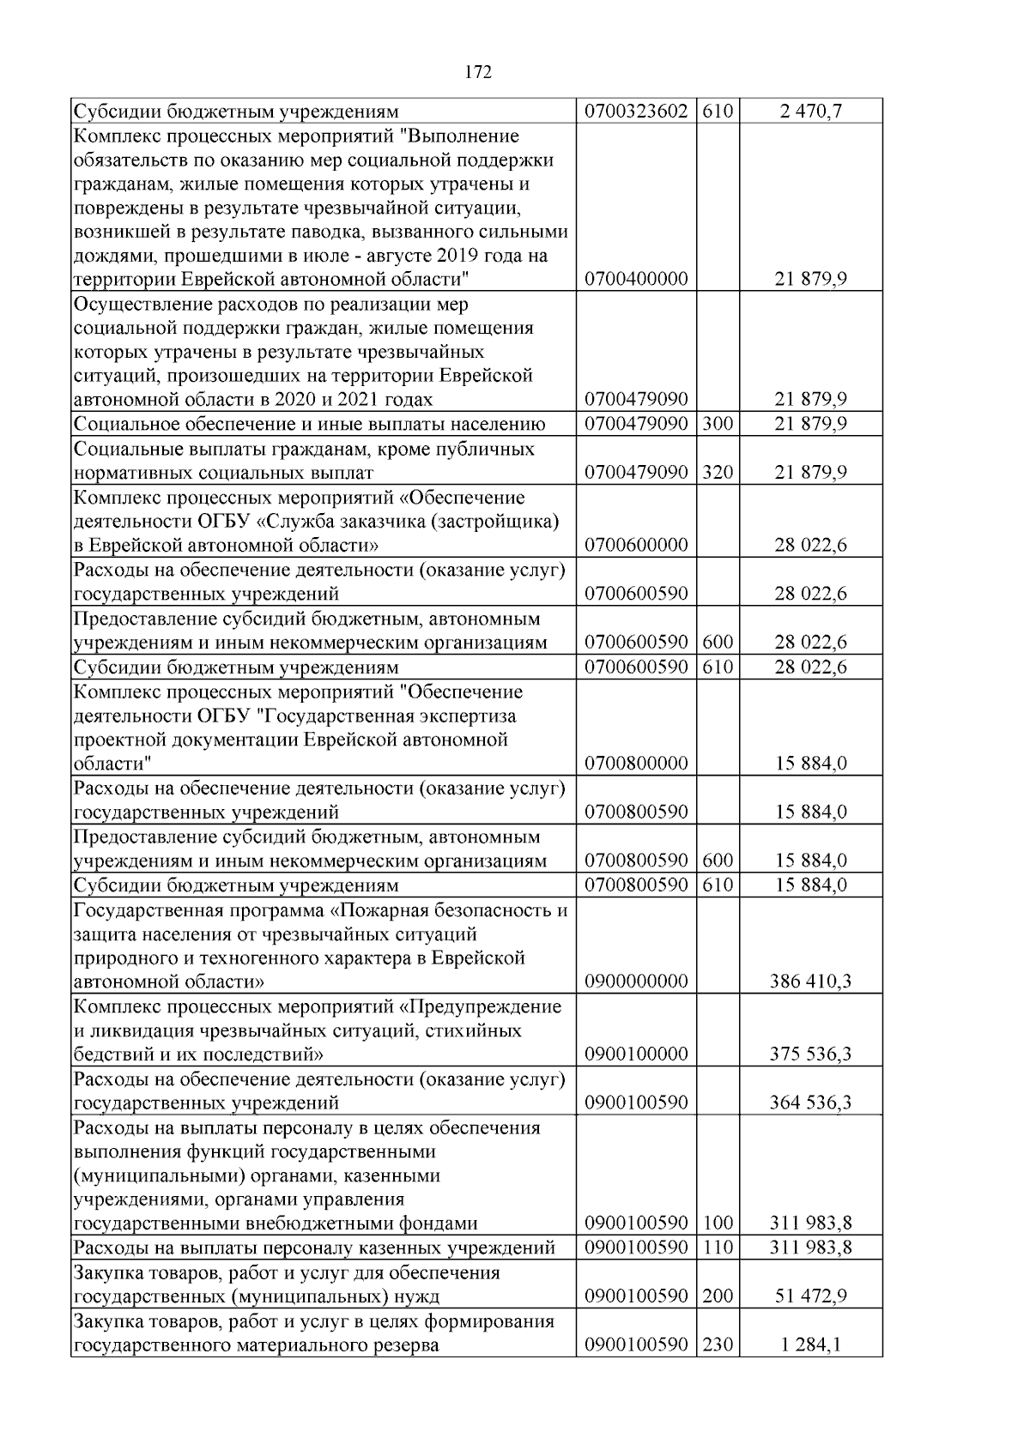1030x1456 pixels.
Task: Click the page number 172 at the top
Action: pos(477,73)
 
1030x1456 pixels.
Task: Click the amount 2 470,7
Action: pos(810,112)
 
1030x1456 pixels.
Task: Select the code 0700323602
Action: pos(636,112)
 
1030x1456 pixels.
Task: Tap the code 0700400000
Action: pos(636,280)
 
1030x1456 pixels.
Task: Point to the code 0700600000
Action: pos(636,546)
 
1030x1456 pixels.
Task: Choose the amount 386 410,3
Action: pos(810,982)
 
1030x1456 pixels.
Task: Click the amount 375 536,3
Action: pos(810,1054)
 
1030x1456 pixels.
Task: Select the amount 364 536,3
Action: pos(810,1103)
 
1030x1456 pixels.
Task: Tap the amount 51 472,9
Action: pos(810,1296)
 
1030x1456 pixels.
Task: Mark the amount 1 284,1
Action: pos(810,1344)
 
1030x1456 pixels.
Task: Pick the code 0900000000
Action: pos(636,982)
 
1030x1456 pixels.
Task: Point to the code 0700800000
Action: pos(636,764)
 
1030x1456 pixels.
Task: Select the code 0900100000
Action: pos(636,1054)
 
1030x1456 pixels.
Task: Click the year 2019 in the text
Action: pos(457,256)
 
